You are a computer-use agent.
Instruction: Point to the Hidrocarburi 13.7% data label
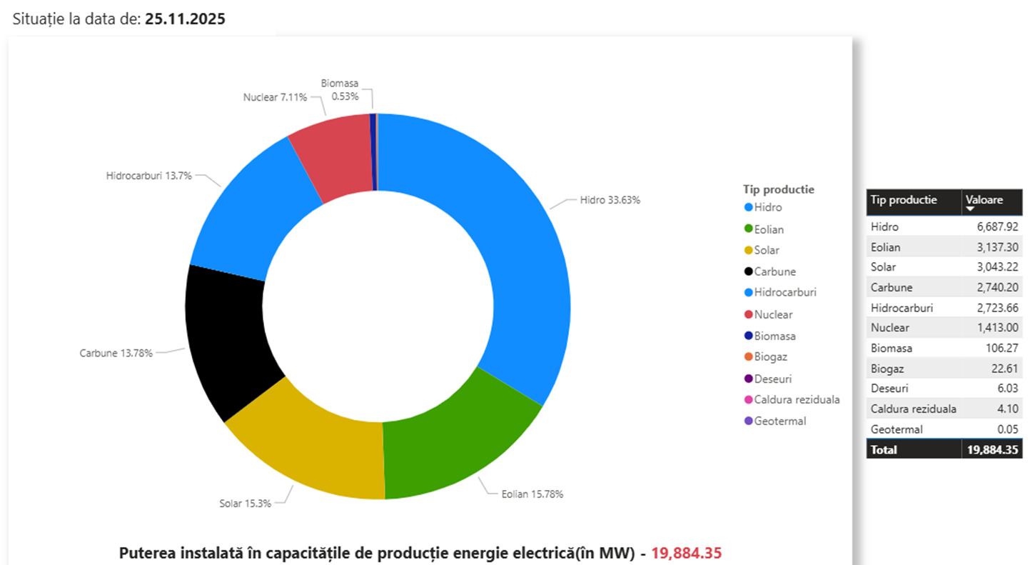148,175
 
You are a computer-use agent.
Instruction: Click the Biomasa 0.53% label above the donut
340,90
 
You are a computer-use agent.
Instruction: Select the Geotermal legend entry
779,421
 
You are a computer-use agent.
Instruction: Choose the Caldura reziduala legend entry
797,400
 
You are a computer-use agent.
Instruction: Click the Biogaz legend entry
770,357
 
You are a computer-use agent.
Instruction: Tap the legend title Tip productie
778,189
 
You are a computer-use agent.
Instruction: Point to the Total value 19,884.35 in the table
992,450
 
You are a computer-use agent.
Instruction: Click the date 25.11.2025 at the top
185,19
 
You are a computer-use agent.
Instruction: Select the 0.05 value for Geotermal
1007,429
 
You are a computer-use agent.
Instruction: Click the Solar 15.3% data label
245,503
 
